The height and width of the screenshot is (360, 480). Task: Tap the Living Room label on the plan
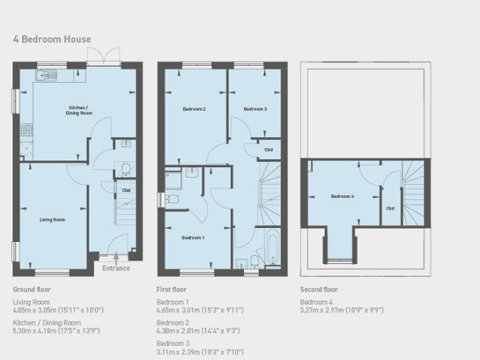[52, 219]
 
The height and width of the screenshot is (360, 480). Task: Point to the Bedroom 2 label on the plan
[194, 109]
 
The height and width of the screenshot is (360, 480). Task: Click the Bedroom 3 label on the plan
[254, 109]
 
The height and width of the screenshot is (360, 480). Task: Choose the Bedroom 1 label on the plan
[193, 238]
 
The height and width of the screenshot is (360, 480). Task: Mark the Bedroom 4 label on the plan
[342, 196]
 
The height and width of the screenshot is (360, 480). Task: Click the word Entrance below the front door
[116, 268]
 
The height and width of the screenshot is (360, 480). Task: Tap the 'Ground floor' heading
[32, 290]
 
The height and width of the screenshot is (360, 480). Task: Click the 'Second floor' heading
[320, 290]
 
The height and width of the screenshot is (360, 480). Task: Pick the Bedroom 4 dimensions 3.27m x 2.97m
[341, 309]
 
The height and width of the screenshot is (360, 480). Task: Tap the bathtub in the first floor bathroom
[272, 247]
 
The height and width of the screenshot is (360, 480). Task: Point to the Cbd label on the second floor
[390, 208]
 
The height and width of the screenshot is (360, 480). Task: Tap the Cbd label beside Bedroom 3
[269, 150]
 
